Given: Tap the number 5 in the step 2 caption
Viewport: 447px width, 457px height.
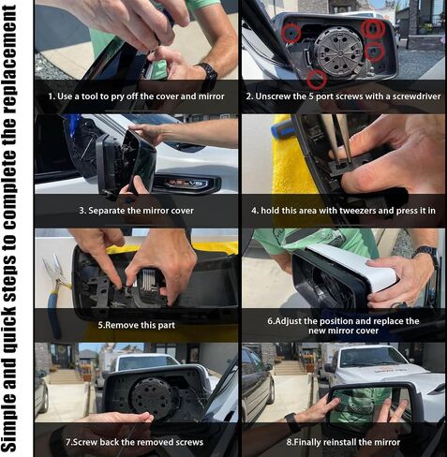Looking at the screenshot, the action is [x=311, y=96].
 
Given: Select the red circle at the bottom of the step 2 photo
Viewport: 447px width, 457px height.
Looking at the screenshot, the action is [x=317, y=80].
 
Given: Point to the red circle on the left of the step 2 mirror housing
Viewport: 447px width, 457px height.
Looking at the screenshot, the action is [x=291, y=32].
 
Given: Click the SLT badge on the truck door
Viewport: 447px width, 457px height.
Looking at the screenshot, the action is [x=186, y=184].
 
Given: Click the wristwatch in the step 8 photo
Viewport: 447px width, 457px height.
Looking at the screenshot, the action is [x=293, y=422].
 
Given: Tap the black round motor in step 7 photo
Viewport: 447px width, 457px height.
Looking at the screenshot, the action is [x=152, y=396].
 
